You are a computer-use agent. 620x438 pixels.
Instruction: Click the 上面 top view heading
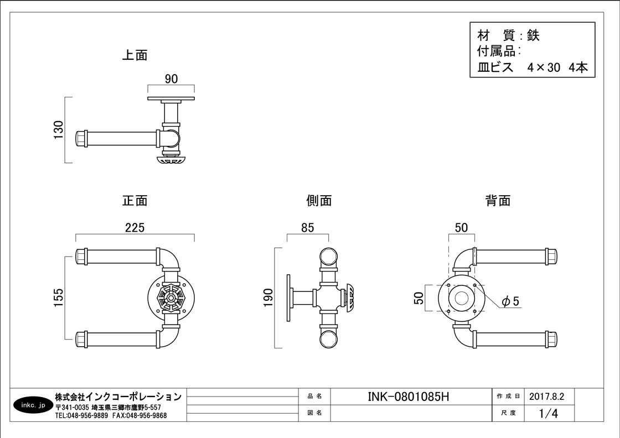coord(135,55)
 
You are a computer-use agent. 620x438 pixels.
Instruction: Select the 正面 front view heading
coord(135,200)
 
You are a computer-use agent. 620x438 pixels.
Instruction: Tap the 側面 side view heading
coord(319,200)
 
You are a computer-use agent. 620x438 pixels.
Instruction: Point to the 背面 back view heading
coord(498,200)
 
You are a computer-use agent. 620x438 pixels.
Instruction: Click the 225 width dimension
coord(135,227)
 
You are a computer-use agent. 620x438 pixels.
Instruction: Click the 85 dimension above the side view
coord(308,227)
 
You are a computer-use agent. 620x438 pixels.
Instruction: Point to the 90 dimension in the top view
coord(171,79)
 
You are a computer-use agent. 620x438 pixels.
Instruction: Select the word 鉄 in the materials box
coord(533,36)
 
